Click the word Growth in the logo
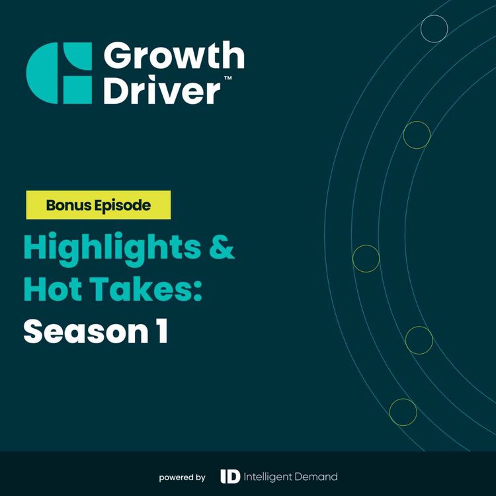173,58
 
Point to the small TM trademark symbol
227,78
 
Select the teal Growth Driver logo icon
59,73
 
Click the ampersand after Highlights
222,249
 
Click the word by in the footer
200,477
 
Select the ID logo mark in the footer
229,476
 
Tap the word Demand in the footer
315,476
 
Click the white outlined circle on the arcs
434,28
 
